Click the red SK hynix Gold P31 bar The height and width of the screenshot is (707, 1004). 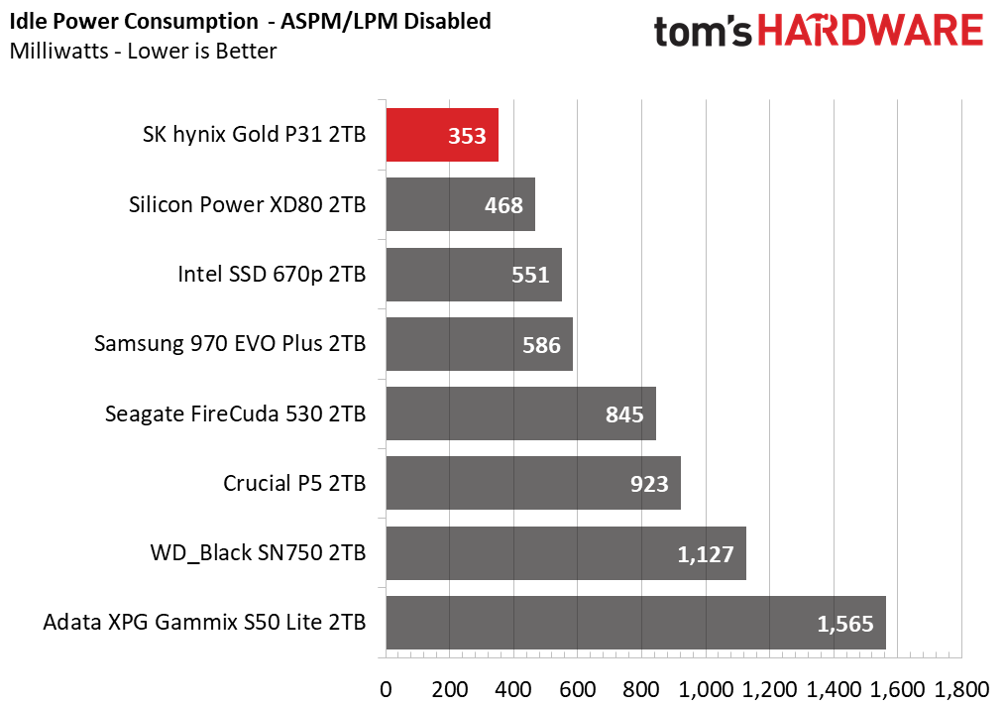point(441,135)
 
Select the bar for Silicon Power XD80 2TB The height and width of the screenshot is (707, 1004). point(460,204)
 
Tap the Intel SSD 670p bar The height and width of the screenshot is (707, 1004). point(473,275)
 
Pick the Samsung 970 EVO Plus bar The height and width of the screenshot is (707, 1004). point(479,344)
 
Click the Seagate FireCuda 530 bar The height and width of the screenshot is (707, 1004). point(520,413)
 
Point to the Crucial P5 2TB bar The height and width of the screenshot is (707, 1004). point(532,483)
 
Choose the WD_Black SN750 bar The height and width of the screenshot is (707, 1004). point(565,553)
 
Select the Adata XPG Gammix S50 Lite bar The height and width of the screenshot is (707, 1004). point(634,623)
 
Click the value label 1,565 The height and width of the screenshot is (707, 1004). point(844,624)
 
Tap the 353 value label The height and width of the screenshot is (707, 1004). point(467,136)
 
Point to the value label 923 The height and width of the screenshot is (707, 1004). point(649,484)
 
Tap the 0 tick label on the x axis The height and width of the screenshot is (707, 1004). point(386,688)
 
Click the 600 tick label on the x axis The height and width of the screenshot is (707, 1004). point(578,688)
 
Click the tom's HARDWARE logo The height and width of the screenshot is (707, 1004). point(818,31)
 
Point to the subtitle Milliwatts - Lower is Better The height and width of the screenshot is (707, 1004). point(143,51)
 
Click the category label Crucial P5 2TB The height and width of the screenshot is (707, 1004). point(294,484)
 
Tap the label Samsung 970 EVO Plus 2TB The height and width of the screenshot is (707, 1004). point(230,344)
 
